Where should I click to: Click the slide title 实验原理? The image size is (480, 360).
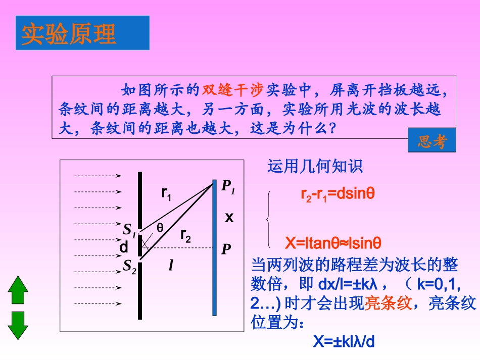[x=69, y=33]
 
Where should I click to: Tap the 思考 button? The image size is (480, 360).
[x=431, y=141]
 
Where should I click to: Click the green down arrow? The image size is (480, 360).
[x=18, y=325]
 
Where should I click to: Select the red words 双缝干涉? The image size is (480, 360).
[x=233, y=91]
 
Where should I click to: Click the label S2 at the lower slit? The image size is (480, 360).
[x=130, y=267]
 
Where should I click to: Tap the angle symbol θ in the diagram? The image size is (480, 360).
[x=160, y=228]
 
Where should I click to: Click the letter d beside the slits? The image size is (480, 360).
[x=123, y=248]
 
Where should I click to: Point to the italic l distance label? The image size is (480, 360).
[x=171, y=266]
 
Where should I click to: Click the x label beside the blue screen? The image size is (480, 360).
[x=229, y=218]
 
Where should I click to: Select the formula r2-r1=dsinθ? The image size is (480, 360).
[x=337, y=194]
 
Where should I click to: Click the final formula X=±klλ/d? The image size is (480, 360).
[x=344, y=342]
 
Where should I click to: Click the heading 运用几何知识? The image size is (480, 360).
[x=315, y=167]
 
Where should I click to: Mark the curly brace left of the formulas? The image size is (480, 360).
[x=268, y=220]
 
